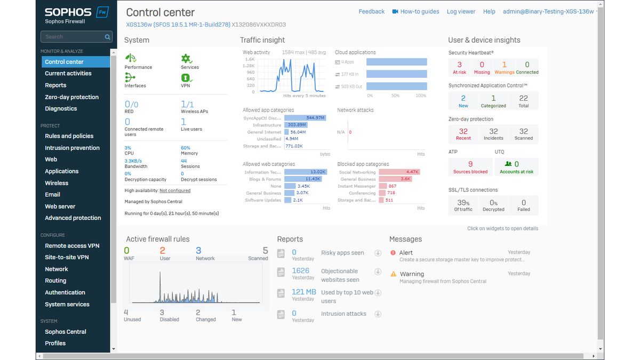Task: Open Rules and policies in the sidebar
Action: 69,136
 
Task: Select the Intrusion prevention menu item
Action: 72,148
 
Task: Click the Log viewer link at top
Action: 461,12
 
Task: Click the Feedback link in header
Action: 371,12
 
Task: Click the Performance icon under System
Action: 131,59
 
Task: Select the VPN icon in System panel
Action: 186,78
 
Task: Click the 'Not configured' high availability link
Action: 175,190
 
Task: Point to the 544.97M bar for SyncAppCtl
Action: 305,118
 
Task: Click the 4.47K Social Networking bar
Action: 399,172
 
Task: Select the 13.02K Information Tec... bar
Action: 305,172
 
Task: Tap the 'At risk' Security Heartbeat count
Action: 459,67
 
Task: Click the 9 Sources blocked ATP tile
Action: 470,167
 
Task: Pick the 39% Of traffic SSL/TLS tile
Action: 463,205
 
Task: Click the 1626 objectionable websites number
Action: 300,271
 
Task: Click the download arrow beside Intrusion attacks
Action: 378,314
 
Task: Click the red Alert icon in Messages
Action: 393,253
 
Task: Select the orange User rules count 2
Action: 163,251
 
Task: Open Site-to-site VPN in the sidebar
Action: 67,257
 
